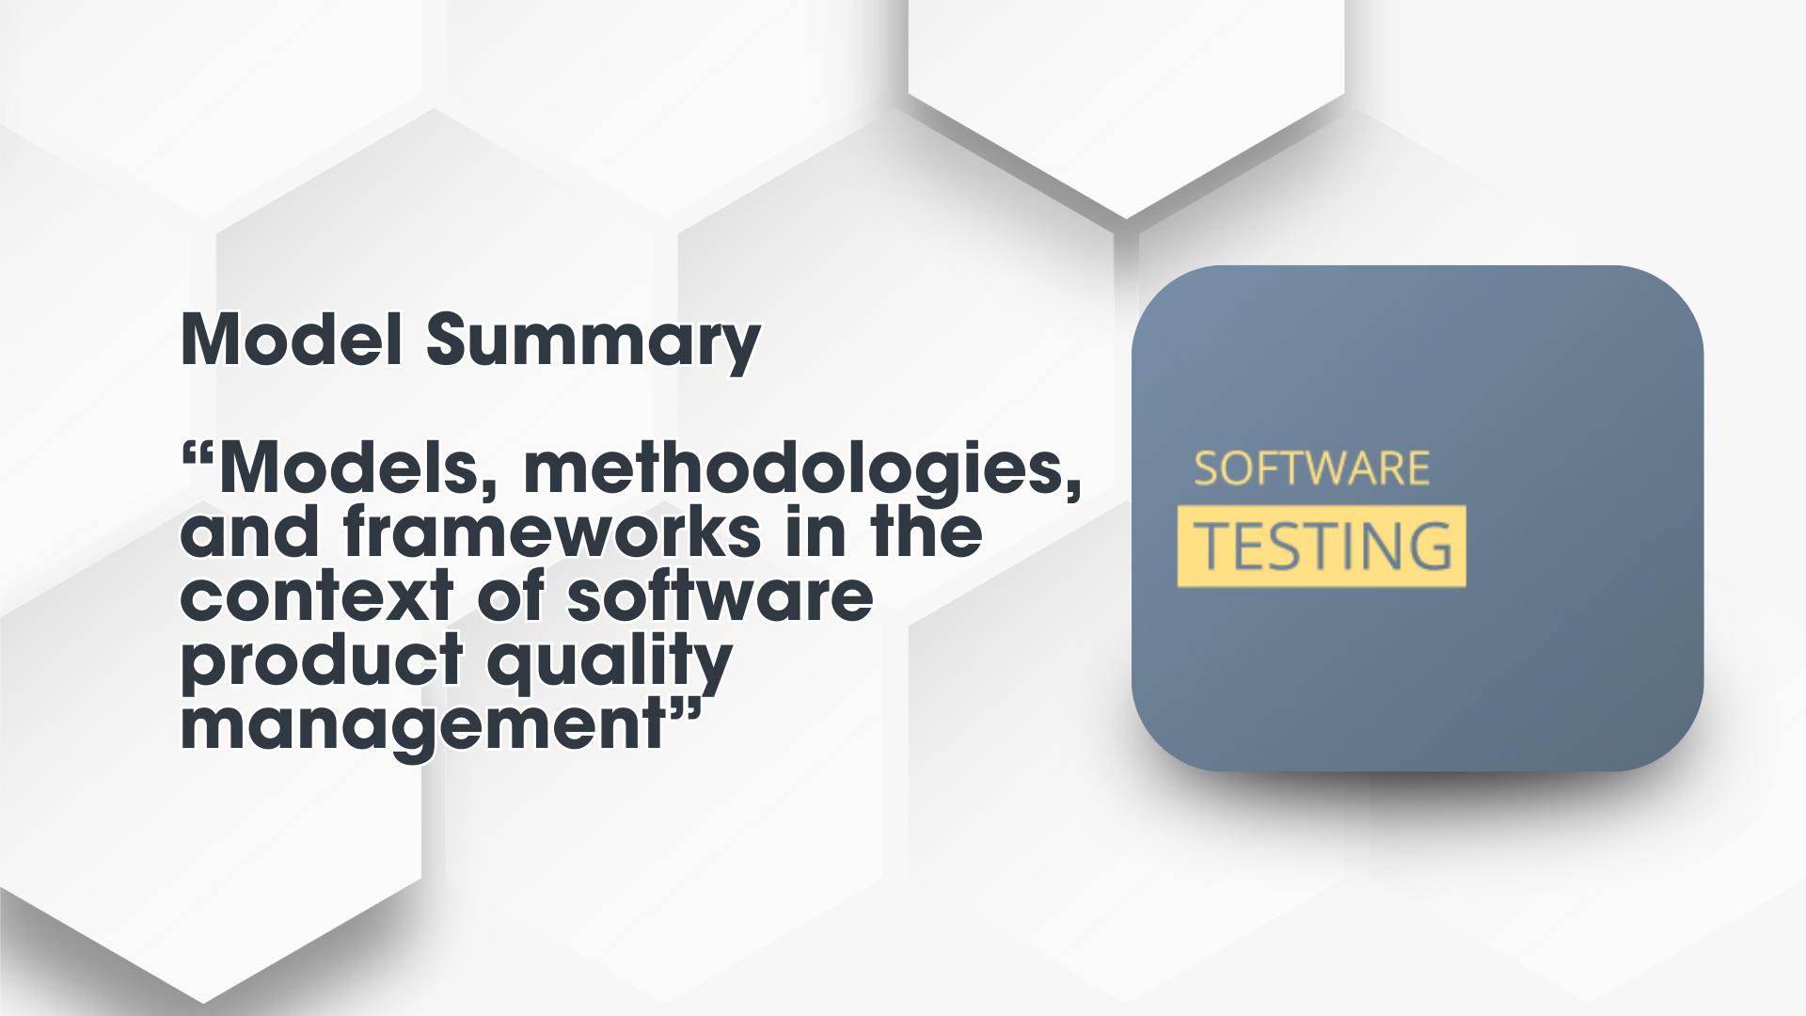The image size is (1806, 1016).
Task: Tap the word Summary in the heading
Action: tap(593, 343)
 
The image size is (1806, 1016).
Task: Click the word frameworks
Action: tap(552, 532)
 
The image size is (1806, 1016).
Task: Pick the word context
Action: tap(317, 596)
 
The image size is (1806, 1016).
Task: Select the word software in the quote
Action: tap(721, 595)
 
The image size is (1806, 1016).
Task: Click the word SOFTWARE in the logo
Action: tap(1311, 469)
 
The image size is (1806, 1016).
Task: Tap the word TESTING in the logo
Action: tap(1323, 547)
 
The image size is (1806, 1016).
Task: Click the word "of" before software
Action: tap(511, 595)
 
